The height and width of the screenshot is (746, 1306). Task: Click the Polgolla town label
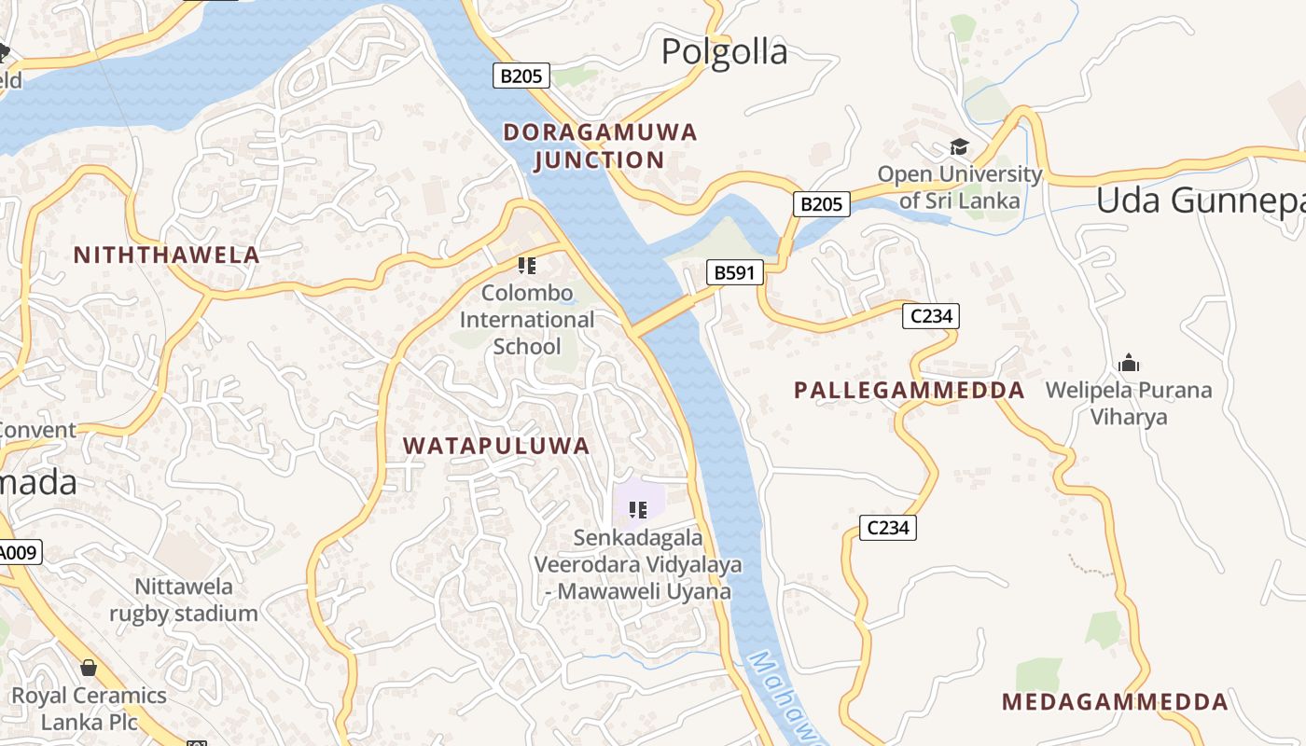[724, 52]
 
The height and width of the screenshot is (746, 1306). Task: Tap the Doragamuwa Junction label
[600, 145]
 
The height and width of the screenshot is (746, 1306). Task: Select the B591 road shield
[734, 272]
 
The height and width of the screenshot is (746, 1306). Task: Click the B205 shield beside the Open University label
[821, 203]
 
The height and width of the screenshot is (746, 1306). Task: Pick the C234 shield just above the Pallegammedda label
[930, 316]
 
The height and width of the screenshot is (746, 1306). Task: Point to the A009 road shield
[19, 553]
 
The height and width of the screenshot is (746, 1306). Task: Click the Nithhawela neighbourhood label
[166, 256]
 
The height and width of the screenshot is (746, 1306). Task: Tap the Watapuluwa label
[496, 446]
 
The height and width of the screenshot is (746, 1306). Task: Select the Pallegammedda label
[909, 391]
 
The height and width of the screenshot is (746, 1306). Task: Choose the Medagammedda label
[1115, 702]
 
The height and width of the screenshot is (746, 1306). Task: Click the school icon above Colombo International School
[527, 266]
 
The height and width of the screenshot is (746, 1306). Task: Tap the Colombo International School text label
[527, 320]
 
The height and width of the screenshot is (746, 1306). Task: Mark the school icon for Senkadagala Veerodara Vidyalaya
[638, 509]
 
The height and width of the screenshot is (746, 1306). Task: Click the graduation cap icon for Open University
[959, 146]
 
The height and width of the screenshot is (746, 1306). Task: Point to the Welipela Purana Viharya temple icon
[1129, 363]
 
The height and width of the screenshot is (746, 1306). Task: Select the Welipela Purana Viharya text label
[1129, 403]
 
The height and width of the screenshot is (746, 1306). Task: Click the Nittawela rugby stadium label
[184, 600]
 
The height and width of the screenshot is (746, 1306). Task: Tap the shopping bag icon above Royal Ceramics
[89, 668]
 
